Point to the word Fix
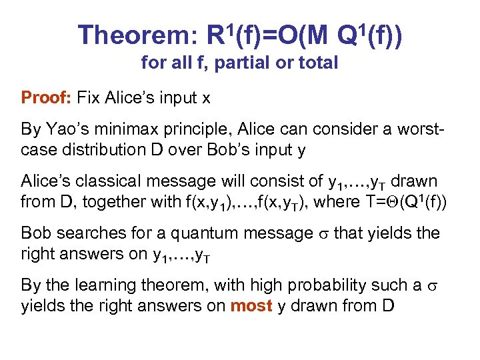tap(89, 99)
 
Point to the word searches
tap(80, 233)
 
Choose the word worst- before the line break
tap(416, 129)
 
